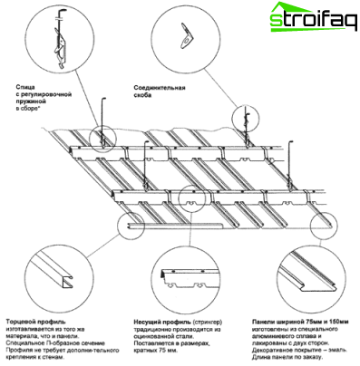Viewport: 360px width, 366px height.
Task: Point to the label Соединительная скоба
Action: coord(159,92)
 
